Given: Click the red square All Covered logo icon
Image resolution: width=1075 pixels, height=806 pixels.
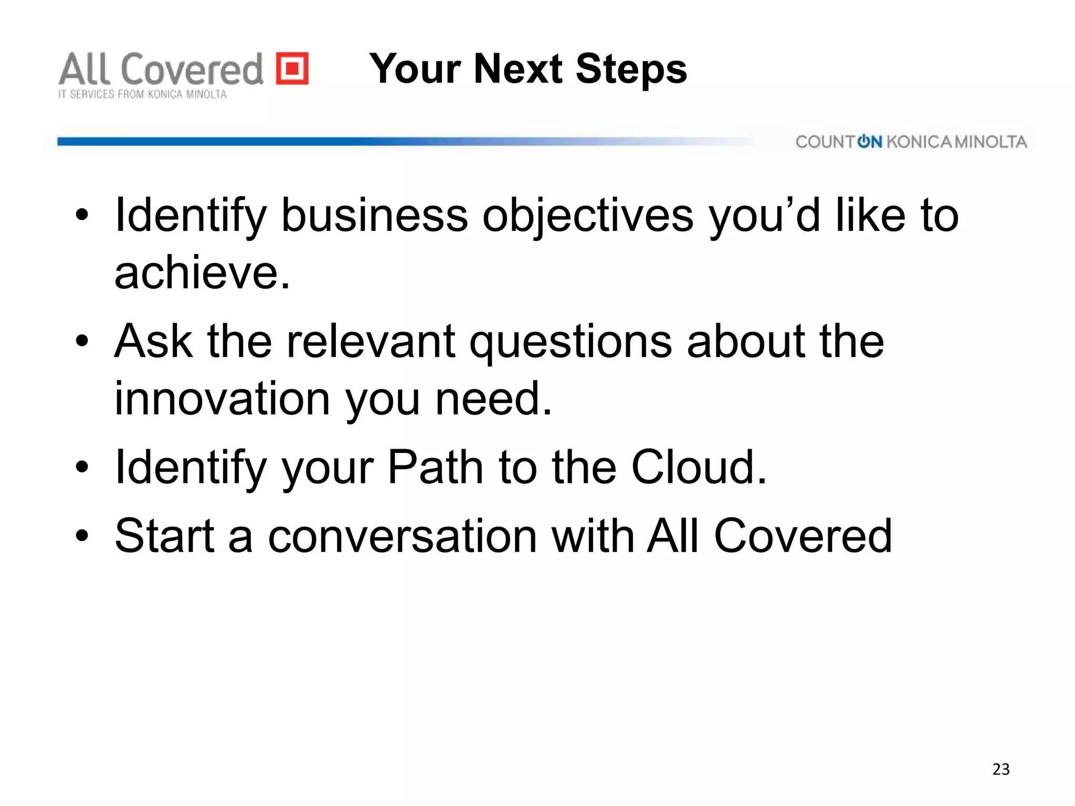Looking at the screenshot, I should click(292, 68).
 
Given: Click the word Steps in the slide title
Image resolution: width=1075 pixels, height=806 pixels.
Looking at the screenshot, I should click(631, 69).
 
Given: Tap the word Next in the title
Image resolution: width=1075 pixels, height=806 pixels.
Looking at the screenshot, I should click(518, 69).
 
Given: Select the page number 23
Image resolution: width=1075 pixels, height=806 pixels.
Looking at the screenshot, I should click(1000, 769).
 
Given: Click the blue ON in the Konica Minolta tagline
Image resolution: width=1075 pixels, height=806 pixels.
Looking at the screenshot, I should click(869, 142).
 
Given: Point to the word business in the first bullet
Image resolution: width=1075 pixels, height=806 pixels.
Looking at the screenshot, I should click(374, 216).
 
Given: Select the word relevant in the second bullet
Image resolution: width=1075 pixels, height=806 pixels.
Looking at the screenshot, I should click(371, 341).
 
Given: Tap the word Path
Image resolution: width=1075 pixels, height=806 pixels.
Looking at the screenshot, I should click(435, 467).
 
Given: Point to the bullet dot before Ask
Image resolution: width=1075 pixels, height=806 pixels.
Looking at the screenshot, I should click(82, 341).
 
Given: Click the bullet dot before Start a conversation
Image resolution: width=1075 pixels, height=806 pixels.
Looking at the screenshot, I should click(82, 536).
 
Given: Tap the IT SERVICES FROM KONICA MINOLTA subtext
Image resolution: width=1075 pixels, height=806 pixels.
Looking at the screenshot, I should click(142, 94).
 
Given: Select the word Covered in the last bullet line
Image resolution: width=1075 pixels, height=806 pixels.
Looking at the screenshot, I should click(803, 536).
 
